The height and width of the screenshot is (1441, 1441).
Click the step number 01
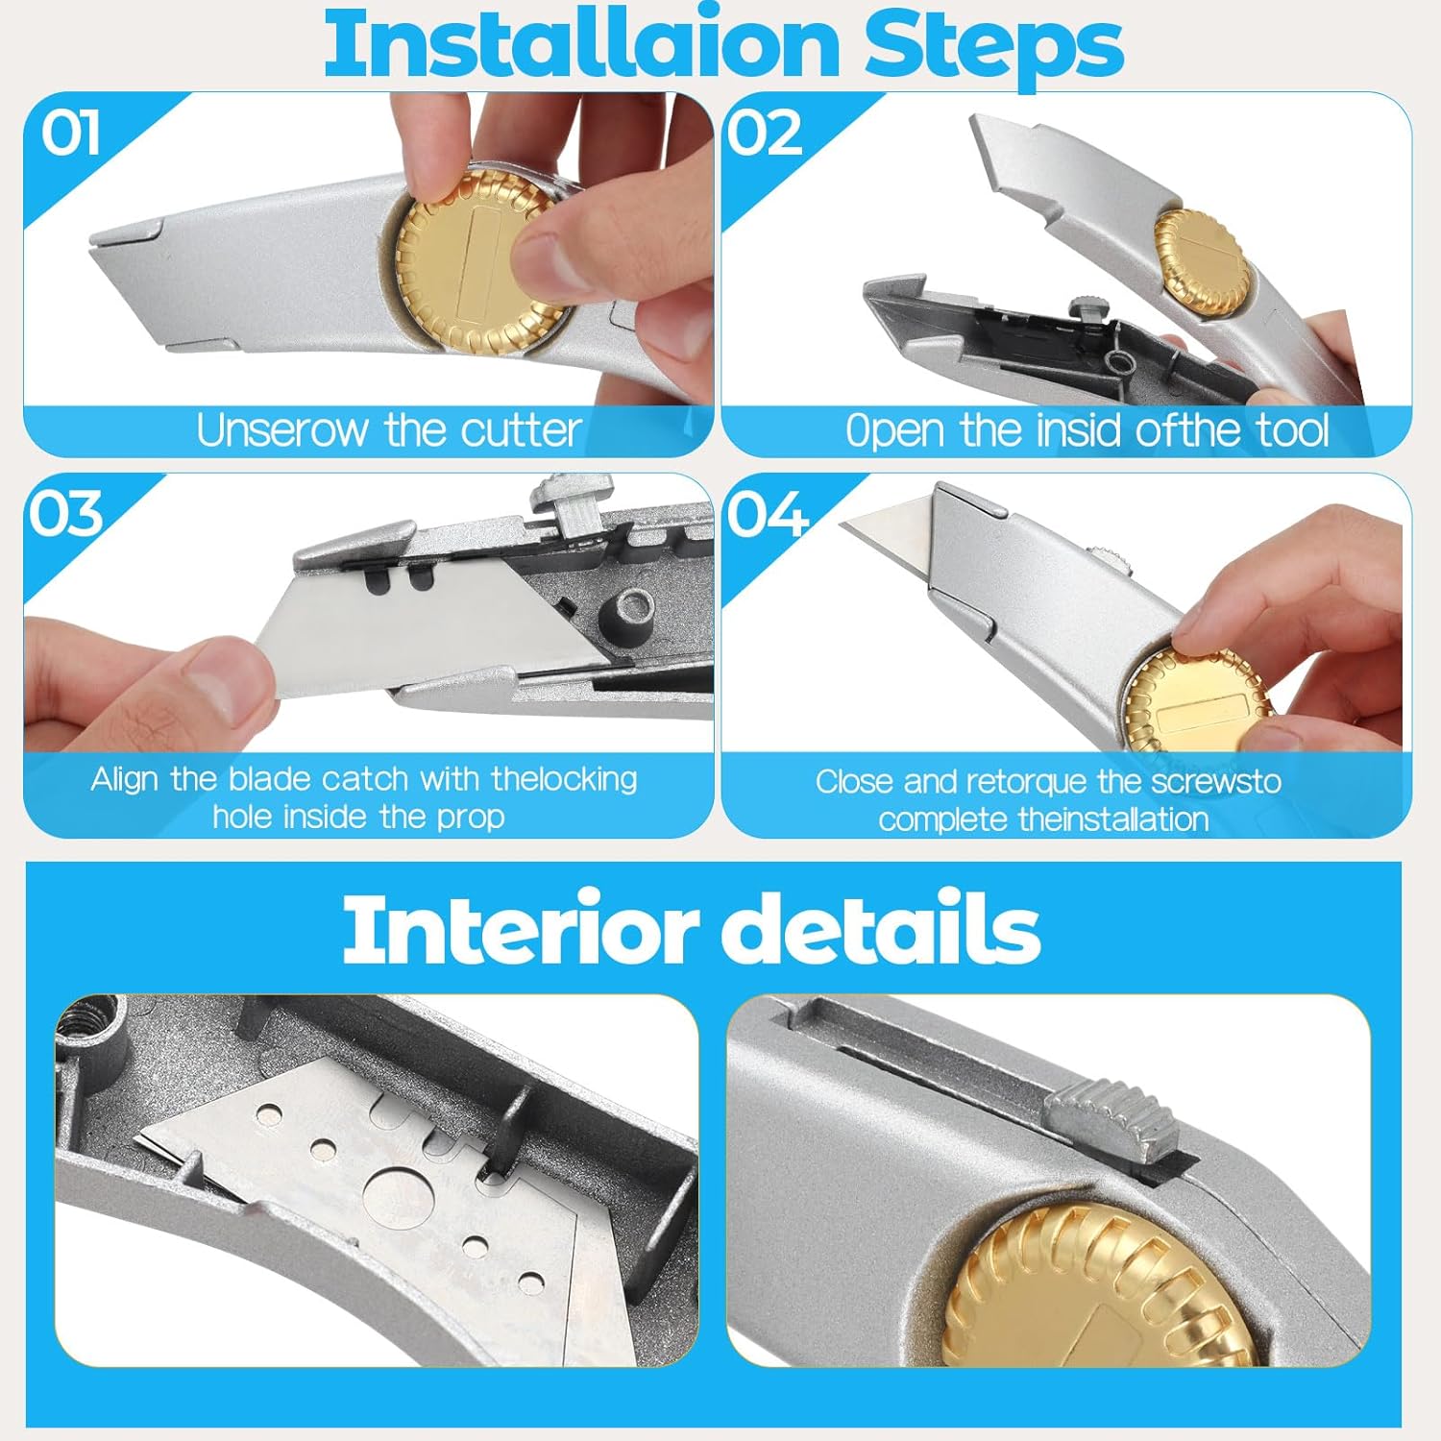pos(70,133)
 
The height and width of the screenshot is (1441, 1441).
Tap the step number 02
pos(764,133)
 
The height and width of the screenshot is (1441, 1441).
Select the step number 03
pos(65,514)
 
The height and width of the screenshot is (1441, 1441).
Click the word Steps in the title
pos(993,45)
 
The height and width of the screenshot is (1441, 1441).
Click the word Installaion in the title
pos(581,45)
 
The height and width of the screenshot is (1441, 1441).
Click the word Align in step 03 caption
pos(125,778)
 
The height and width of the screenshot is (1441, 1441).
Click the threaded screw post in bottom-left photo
pos(96,1028)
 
